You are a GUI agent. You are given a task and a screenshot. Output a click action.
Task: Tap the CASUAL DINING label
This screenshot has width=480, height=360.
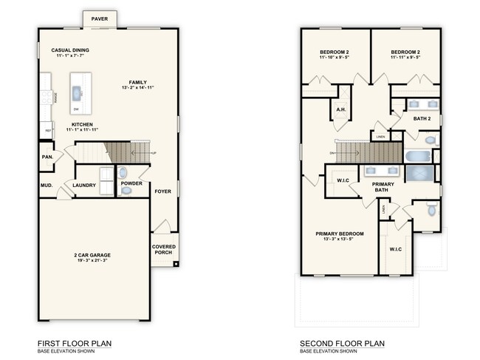pos(71,50)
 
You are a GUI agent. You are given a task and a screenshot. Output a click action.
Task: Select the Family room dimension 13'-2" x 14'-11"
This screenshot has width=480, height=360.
pos(137,88)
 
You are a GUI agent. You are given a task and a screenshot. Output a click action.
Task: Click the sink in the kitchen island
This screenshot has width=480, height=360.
pos(76,92)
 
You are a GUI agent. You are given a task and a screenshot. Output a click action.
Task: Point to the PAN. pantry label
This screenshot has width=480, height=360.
pos(47,157)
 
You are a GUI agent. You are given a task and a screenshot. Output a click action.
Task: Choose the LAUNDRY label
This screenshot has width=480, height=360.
pos(84,186)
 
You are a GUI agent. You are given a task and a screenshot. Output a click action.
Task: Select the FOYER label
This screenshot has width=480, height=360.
pos(162,191)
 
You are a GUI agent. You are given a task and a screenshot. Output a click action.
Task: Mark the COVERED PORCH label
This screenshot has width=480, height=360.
pos(163,250)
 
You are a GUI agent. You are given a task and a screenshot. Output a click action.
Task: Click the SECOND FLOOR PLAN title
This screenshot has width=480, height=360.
pos(342,344)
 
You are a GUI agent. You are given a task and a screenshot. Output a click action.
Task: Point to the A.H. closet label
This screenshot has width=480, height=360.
pos(341,109)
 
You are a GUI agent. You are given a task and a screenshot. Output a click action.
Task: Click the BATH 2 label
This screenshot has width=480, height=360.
pos(421,118)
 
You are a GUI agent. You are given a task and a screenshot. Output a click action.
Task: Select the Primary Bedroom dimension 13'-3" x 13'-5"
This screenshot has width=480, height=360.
pos(343,239)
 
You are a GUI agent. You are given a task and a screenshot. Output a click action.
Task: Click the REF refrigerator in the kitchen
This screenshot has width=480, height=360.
pos(49,131)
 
